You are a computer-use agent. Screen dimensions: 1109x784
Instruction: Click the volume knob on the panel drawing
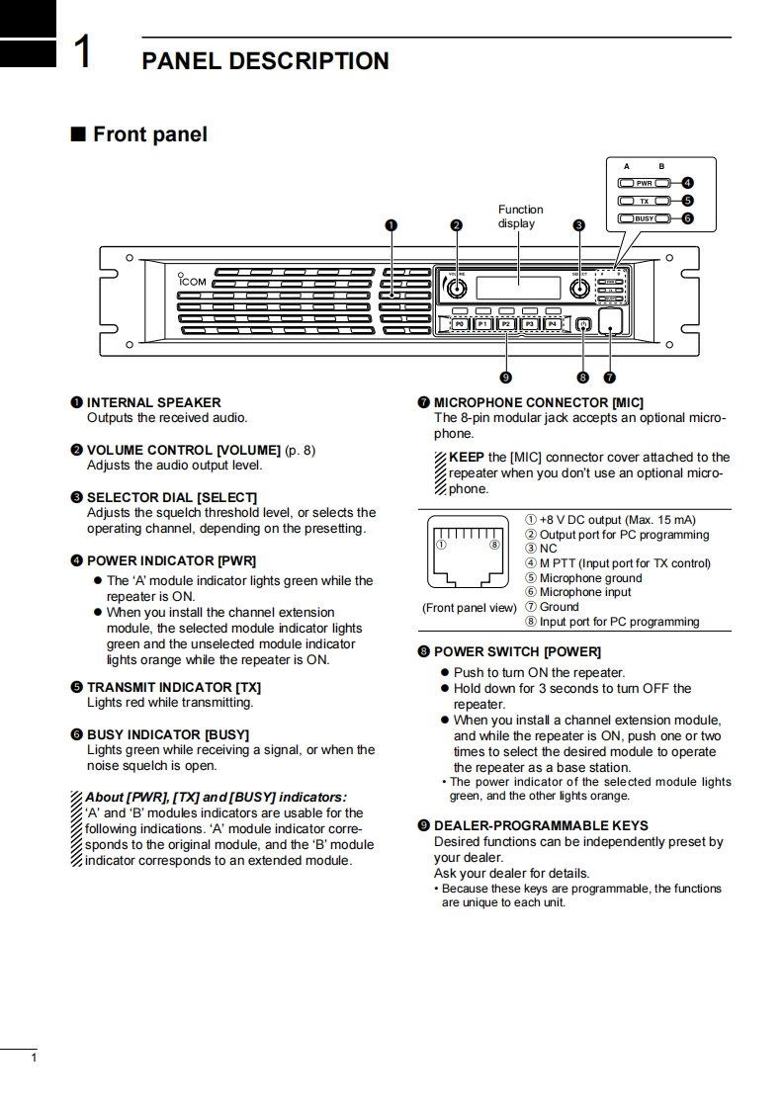pyautogui.click(x=456, y=289)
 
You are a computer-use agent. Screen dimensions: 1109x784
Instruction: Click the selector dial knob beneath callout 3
pyautogui.click(x=580, y=289)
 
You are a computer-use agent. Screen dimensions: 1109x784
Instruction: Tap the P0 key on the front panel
pyautogui.click(x=459, y=323)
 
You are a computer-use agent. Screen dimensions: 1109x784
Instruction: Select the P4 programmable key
pyautogui.click(x=553, y=323)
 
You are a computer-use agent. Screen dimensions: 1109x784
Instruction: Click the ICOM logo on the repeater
pyautogui.click(x=192, y=281)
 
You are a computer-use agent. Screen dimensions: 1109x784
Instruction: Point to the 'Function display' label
pyautogui.click(x=520, y=216)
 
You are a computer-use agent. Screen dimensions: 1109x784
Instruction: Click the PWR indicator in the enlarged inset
pyautogui.click(x=645, y=183)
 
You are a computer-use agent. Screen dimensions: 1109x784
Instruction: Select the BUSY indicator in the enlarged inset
pyautogui.click(x=645, y=218)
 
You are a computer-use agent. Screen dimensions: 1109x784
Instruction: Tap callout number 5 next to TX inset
pyautogui.click(x=687, y=201)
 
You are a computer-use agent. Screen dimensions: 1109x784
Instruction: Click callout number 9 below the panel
pyautogui.click(x=505, y=377)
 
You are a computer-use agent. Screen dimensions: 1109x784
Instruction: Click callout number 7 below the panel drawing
pyautogui.click(x=609, y=377)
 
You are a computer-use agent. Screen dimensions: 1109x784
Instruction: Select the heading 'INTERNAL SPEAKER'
pyautogui.click(x=153, y=402)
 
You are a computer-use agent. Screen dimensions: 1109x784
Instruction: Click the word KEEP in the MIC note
pyautogui.click(x=466, y=457)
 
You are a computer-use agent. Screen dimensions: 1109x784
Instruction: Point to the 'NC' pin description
pyautogui.click(x=548, y=549)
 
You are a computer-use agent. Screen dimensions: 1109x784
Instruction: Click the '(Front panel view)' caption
pyautogui.click(x=469, y=608)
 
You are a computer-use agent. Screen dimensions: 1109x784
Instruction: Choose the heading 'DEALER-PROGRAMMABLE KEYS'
pyautogui.click(x=541, y=825)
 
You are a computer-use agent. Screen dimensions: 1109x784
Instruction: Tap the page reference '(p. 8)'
pyautogui.click(x=301, y=450)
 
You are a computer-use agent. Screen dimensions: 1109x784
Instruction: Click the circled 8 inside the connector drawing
pyautogui.click(x=493, y=544)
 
